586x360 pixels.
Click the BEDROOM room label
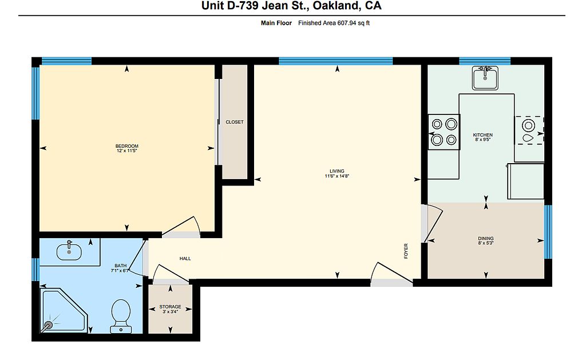point(126,146)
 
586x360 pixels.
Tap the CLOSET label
point(234,122)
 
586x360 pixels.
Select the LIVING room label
point(336,171)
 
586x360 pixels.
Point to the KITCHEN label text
point(483,135)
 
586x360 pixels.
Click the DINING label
point(486,239)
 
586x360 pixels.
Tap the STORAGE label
point(170,307)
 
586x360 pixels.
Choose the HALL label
point(185,258)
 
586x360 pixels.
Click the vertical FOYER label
point(406,251)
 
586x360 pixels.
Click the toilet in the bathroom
point(121,316)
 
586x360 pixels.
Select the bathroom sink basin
point(69,252)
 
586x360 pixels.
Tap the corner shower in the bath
point(64,310)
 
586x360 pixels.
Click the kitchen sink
point(485,78)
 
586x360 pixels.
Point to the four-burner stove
point(444,132)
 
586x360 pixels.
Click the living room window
point(335,61)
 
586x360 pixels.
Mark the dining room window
point(548,232)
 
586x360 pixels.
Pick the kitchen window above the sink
point(485,61)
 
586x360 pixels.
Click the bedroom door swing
point(183,226)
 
